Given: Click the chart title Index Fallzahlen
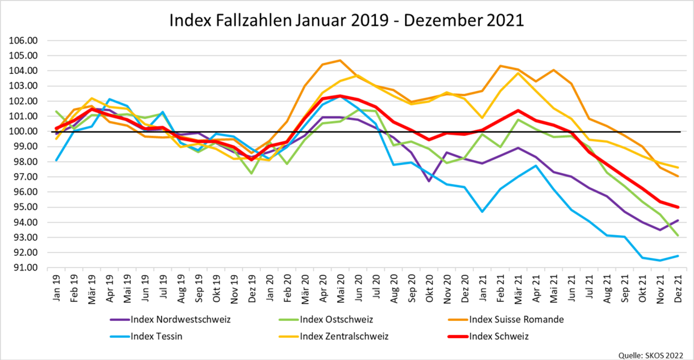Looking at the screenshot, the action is pyautogui.click(x=231, y=20).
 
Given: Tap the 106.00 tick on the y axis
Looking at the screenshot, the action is pyautogui.click(x=23, y=41).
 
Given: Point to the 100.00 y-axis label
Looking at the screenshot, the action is pyautogui.click(x=23, y=131).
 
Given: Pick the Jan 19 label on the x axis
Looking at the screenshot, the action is pyautogui.click(x=57, y=288).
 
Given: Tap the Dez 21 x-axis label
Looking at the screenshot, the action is pyautogui.click(x=678, y=289).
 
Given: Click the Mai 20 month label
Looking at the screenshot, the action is pyautogui.click(x=341, y=289).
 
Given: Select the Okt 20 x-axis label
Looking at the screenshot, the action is pyautogui.click(x=429, y=289).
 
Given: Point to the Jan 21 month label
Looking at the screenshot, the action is pyautogui.click(x=483, y=288).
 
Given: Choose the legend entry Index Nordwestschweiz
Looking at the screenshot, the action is pyautogui.click(x=171, y=319).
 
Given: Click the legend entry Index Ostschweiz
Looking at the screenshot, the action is pyautogui.click(x=326, y=319).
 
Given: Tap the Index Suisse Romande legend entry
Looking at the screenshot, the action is pyautogui.click(x=506, y=319).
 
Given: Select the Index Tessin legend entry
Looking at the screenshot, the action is pyautogui.click(x=146, y=336).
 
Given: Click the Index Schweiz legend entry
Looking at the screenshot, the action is pyautogui.click(x=488, y=336).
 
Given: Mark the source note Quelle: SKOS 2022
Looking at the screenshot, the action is pyautogui.click(x=650, y=355).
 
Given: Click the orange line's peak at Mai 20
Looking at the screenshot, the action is pyautogui.click(x=340, y=60).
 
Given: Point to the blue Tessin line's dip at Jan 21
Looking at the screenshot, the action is pyautogui.click(x=482, y=212).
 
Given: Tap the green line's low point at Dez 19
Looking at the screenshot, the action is pyautogui.click(x=252, y=174).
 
